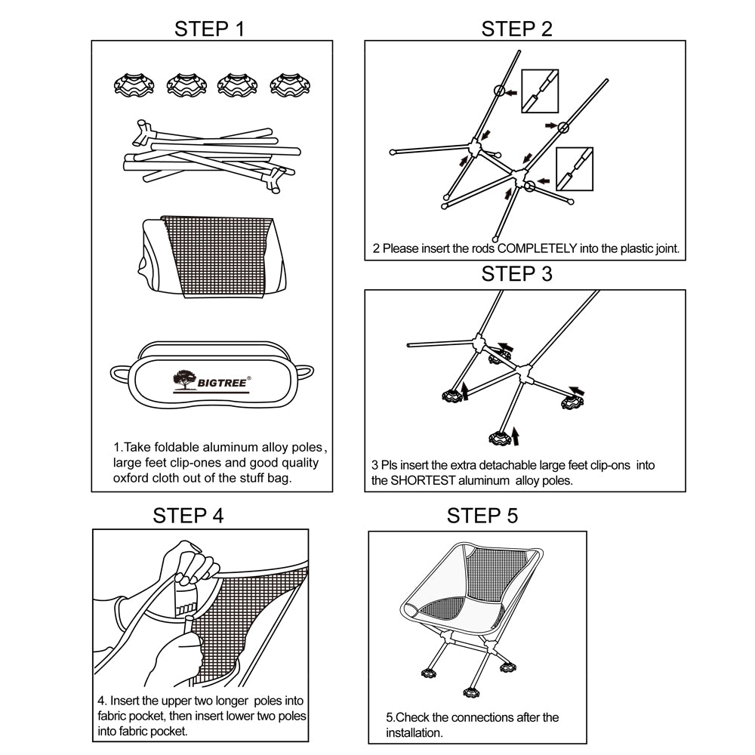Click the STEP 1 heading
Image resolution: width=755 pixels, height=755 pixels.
click(x=209, y=29)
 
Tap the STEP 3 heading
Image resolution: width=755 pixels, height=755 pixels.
click(x=516, y=273)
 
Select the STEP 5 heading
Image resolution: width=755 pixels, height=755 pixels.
click(x=482, y=516)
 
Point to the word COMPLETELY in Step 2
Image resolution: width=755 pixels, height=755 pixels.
click(x=537, y=248)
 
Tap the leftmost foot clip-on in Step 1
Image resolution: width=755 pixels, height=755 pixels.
click(x=134, y=85)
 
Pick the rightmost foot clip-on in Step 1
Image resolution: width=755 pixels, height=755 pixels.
click(x=291, y=85)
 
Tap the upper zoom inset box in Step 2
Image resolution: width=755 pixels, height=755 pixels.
click(x=540, y=91)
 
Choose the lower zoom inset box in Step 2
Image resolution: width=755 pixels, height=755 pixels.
click(x=575, y=169)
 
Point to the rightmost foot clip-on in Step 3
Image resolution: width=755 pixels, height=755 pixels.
click(x=572, y=402)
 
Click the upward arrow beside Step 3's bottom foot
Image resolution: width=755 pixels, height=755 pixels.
click(x=516, y=436)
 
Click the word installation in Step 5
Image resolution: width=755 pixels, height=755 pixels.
click(x=414, y=733)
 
